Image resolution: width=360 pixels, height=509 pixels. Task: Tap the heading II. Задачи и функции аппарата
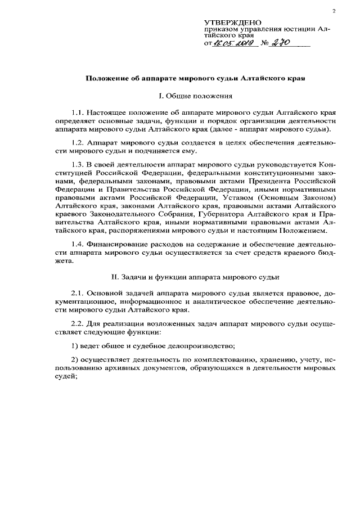[x=195, y=277]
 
